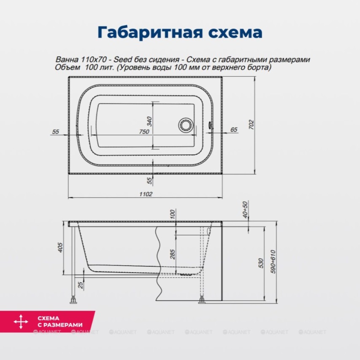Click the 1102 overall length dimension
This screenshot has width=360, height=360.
tap(146, 194)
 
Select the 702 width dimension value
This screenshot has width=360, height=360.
tap(252, 125)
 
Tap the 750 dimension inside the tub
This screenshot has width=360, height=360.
tap(144, 132)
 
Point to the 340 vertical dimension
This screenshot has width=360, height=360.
tap(149, 121)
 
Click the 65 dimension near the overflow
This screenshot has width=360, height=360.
tap(234, 130)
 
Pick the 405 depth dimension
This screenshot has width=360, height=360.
tap(60, 247)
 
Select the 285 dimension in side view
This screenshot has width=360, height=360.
tap(173, 254)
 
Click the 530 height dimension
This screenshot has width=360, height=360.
tap(260, 263)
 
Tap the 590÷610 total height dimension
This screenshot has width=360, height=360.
tap(273, 262)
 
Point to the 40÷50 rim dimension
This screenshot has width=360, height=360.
tap(245, 210)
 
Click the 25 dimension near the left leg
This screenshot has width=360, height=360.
tap(81, 285)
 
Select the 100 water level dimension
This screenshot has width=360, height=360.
tap(173, 214)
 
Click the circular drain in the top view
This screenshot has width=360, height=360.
tap(186, 125)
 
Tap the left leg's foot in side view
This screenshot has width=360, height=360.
tap(73, 300)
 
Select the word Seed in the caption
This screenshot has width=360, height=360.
tap(123, 60)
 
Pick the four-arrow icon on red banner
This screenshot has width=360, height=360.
tap(21, 322)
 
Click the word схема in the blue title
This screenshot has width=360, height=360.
tap(235, 33)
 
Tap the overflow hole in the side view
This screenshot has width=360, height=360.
tap(209, 231)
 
